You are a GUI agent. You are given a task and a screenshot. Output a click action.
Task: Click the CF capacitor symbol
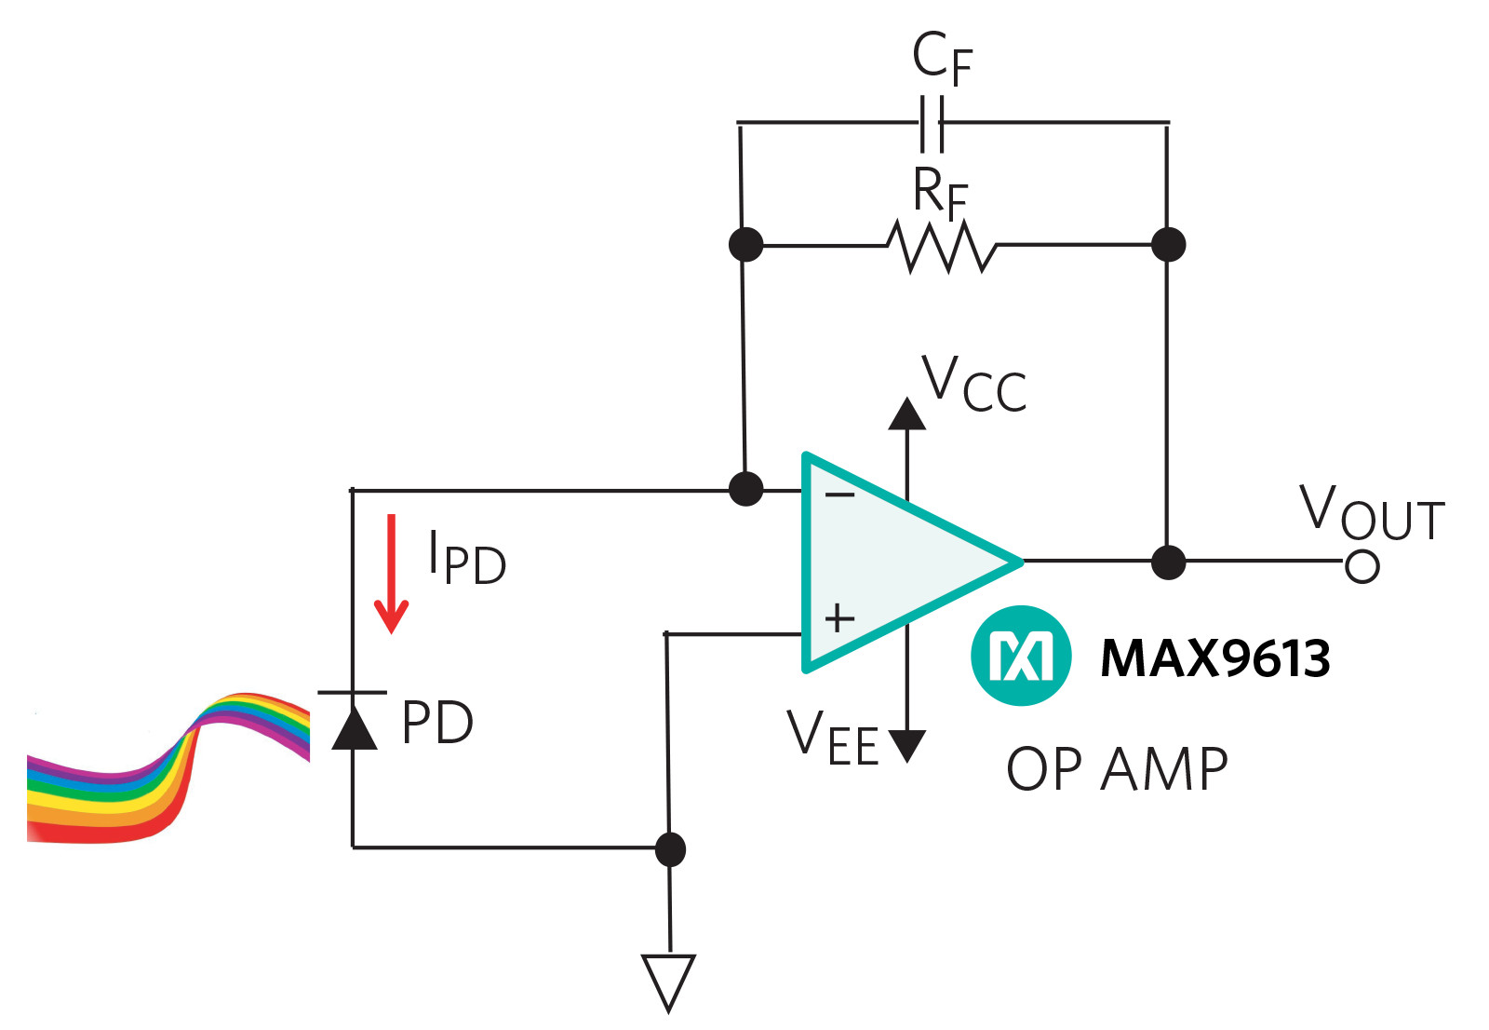point(932,122)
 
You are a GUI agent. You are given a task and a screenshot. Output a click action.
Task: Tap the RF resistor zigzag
point(942,246)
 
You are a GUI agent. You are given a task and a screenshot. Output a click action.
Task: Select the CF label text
point(942,58)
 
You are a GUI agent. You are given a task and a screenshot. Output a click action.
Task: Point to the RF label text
point(940,194)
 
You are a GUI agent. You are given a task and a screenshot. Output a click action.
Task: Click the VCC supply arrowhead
point(906,414)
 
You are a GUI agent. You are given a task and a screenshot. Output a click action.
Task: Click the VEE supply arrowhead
point(906,745)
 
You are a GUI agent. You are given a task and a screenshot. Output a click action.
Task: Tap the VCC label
point(973,384)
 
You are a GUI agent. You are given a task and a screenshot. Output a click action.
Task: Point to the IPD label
point(466,559)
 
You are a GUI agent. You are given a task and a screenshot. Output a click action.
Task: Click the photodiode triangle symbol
point(354,726)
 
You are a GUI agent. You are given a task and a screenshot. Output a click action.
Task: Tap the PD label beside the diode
point(437,723)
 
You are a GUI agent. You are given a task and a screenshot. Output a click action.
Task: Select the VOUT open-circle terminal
point(1362,565)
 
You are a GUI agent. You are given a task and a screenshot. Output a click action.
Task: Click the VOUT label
point(1371,513)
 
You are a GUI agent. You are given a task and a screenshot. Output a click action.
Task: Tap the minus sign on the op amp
point(839,495)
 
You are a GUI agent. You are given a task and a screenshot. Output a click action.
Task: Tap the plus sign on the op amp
point(839,617)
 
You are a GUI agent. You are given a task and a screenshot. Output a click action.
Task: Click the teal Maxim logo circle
point(1021,656)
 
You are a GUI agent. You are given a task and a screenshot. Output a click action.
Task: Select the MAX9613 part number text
point(1214,657)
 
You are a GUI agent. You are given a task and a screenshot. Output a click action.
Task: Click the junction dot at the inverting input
point(745,489)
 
